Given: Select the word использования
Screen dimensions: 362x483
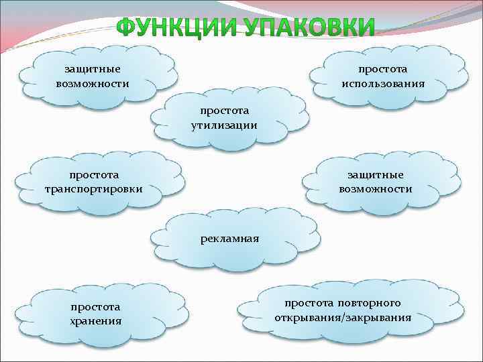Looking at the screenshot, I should click(382, 84).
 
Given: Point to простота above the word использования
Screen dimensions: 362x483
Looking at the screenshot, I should click(382, 70).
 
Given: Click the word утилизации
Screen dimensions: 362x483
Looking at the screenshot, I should click(223, 125).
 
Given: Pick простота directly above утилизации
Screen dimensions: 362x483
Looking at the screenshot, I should click(223, 111).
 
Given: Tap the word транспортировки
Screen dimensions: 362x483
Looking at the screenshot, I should click(93, 189).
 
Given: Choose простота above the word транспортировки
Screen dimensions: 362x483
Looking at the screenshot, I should click(93, 175).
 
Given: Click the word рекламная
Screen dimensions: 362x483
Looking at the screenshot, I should click(229, 239).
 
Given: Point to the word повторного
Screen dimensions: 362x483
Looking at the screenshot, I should click(376, 303).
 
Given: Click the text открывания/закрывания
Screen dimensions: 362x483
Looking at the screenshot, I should click(343, 316).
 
